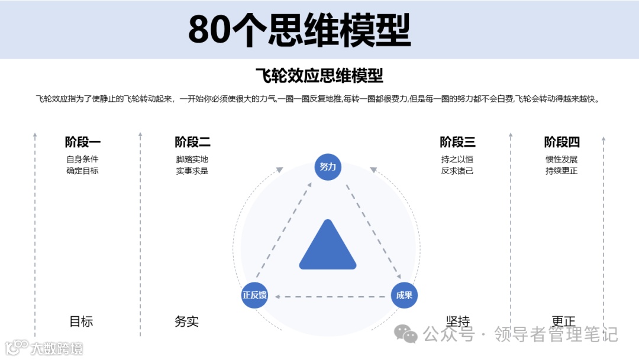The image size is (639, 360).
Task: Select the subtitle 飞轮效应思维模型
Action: [319, 76]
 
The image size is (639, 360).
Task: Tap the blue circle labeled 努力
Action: [328, 167]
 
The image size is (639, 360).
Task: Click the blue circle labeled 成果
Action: [404, 295]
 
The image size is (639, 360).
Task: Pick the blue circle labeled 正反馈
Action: [254, 295]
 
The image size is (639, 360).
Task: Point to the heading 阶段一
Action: [83, 142]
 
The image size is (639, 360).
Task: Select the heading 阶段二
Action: [192, 142]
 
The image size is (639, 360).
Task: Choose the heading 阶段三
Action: [457, 142]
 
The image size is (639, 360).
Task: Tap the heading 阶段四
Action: [561, 142]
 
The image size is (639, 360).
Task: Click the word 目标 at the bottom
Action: [82, 322]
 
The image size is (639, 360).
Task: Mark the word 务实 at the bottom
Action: [187, 322]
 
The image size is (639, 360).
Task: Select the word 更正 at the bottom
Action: [563, 322]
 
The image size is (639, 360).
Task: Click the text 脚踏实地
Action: [192, 159]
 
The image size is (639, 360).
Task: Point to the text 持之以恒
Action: [457, 159]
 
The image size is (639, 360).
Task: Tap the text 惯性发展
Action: [561, 159]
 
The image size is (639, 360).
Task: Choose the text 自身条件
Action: [83, 159]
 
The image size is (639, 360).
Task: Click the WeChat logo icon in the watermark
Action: [406, 335]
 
